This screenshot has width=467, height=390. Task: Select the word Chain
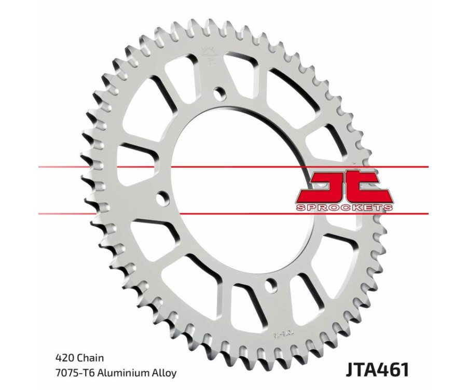91,358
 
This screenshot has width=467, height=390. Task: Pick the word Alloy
165,373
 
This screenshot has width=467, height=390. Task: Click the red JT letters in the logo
344,187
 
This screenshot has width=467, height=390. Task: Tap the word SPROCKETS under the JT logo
344,207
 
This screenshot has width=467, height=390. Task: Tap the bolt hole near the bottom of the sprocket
270,284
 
